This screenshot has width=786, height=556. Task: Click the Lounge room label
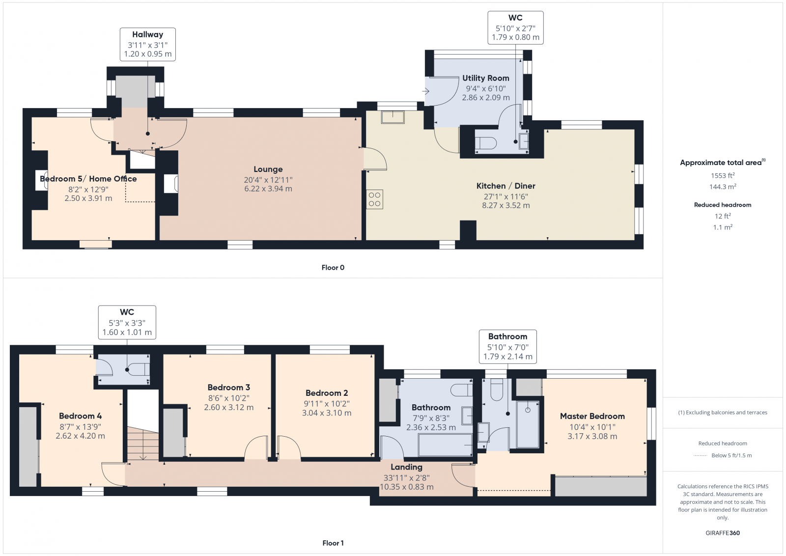click(x=268, y=169)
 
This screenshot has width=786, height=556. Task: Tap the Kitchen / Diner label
click(x=505, y=186)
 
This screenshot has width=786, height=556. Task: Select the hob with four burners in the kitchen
click(x=374, y=199)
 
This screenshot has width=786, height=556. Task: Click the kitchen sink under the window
click(x=393, y=117)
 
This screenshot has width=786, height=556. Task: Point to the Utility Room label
click(x=485, y=78)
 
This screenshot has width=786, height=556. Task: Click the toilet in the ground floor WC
click(x=486, y=143)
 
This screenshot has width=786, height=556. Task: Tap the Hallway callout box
click(x=147, y=44)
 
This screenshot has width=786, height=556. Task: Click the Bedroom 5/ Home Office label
click(x=88, y=179)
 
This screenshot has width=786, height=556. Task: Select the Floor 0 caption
click(x=333, y=268)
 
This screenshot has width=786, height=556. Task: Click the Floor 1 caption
click(x=333, y=543)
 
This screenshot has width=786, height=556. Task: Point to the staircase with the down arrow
click(x=143, y=444)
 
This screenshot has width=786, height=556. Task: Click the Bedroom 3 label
click(x=228, y=388)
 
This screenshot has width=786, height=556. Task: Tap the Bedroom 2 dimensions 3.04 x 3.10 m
click(x=327, y=413)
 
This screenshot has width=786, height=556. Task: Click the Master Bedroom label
click(x=592, y=416)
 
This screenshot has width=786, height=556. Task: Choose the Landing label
click(x=406, y=467)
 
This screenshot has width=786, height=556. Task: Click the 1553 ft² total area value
click(x=723, y=176)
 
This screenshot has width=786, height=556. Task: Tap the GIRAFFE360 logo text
click(x=723, y=533)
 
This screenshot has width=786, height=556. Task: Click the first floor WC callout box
click(x=127, y=322)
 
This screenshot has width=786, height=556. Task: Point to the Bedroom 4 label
click(x=80, y=416)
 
